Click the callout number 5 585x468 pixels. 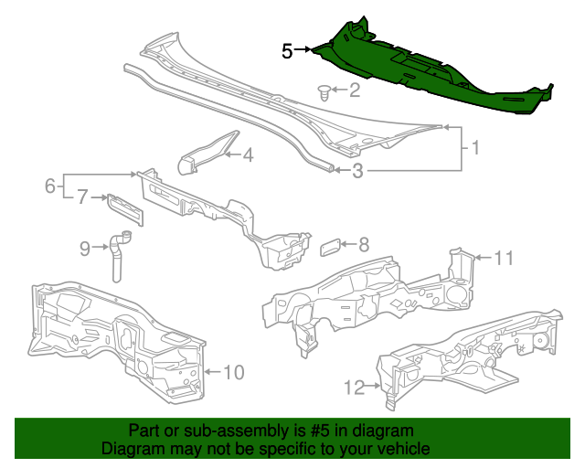(287, 51)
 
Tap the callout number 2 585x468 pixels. (355, 90)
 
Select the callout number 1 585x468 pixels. (474, 147)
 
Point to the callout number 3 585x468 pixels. (358, 170)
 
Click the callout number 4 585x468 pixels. (247, 155)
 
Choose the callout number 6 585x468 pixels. (50, 186)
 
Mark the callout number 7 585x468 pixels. (81, 197)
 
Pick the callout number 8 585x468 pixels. (363, 244)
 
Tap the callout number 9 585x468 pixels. (85, 247)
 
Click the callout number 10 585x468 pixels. (234, 372)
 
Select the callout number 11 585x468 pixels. (505, 259)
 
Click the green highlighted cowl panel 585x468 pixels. (430, 73)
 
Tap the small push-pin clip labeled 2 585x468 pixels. (324, 90)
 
